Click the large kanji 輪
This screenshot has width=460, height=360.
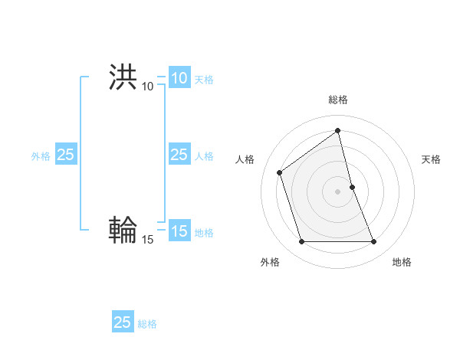pos(123,231)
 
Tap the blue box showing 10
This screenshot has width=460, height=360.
pos(179,78)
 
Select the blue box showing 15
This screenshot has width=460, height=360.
pos(179,231)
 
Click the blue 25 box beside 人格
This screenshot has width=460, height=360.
pos(179,155)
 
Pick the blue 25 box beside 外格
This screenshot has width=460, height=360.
pos(66,155)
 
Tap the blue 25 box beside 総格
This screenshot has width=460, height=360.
pos(123,322)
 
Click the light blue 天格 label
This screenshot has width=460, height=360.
pos(204,80)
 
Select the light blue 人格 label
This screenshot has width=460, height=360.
pos(204,156)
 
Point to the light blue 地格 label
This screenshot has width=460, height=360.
pos(204,233)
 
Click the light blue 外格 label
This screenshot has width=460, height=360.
pos(41,156)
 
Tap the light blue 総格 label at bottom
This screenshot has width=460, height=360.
pos(147,324)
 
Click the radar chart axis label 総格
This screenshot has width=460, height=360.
pos(337,100)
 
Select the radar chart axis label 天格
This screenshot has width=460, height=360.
pos(431,159)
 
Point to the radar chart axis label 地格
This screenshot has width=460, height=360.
pos(402,262)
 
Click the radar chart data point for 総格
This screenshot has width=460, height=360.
pos(337,130)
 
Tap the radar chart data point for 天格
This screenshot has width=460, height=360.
pos(352,187)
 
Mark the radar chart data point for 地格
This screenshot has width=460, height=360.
pos(374,242)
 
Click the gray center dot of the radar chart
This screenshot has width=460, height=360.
pos(337,191)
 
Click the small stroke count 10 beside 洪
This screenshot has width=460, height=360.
pos(147,87)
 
